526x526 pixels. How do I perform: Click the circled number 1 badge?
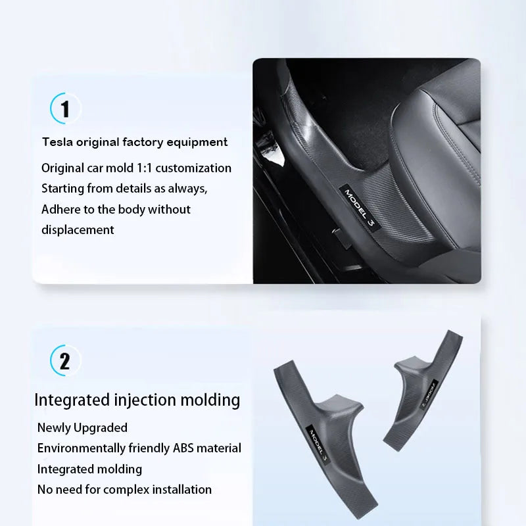[66, 108]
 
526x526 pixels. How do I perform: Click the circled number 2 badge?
[66, 360]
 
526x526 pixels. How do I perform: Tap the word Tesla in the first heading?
[57, 142]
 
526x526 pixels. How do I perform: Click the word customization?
[193, 168]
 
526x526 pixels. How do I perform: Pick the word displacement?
[78, 230]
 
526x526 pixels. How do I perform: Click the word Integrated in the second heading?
[72, 400]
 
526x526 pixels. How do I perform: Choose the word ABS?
[183, 448]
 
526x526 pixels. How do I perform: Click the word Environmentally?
[81, 448]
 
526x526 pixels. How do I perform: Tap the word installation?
[182, 490]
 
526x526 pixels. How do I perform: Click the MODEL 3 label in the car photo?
[359, 208]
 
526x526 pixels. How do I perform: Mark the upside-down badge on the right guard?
[429, 394]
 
